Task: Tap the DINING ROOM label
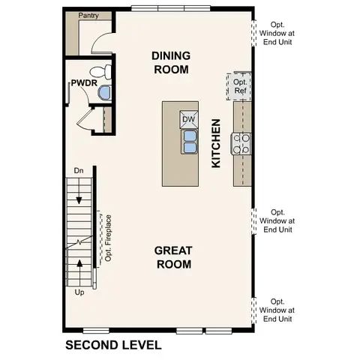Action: click(170, 62)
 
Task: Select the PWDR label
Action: click(82, 82)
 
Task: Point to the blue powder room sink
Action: click(105, 92)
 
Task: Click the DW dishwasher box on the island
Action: click(187, 119)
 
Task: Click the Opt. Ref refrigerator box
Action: click(240, 86)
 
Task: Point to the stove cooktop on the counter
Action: click(241, 142)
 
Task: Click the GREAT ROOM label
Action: click(172, 256)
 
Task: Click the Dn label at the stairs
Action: click(79, 172)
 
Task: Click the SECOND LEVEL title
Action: click(112, 346)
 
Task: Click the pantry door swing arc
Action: click(101, 42)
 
